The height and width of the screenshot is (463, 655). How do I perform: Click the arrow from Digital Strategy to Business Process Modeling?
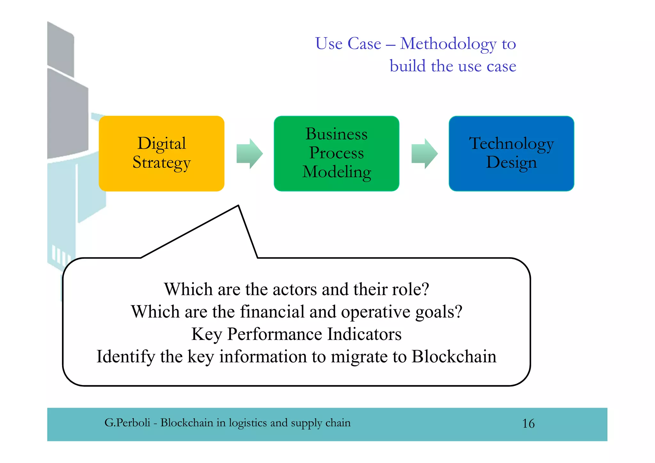pyautogui.click(x=249, y=154)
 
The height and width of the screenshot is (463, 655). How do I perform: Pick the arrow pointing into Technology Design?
pyautogui.click(x=424, y=154)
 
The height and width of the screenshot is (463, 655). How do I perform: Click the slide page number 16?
pyautogui.click(x=528, y=424)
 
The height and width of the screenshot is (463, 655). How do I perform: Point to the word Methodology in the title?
pyautogui.click(x=448, y=44)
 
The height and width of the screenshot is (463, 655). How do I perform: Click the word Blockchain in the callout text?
pyautogui.click(x=454, y=357)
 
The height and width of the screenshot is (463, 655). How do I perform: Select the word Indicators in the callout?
pyautogui.click(x=364, y=334)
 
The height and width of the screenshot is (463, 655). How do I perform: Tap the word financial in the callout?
pyautogui.click(x=272, y=312)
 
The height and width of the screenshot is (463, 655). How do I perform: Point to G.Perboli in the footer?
pyautogui.click(x=127, y=423)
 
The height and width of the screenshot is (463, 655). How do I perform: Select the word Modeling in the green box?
pyautogui.click(x=337, y=172)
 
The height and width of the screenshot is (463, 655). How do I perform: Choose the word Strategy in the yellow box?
pyautogui.click(x=162, y=163)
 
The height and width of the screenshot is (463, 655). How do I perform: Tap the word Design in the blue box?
pyautogui.click(x=511, y=162)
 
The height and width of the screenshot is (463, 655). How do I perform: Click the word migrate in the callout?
pyautogui.click(x=359, y=357)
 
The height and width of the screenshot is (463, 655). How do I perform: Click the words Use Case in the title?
pyautogui.click(x=348, y=44)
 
